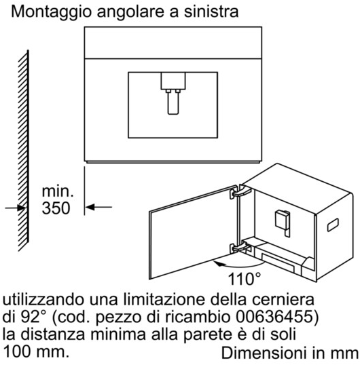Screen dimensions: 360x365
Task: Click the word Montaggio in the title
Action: (51, 12)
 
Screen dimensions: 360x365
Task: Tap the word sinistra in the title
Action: (211, 12)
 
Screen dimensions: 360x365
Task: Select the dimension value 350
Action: (56, 208)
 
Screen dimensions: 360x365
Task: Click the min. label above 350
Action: (58, 191)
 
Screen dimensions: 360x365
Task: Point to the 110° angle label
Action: (244, 279)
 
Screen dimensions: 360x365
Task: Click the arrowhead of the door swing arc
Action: (217, 263)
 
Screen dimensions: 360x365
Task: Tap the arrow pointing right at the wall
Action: (15, 208)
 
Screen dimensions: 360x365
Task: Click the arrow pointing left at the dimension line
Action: (98, 207)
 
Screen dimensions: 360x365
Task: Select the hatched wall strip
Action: (24, 151)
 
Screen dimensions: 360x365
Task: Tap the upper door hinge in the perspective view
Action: (240, 192)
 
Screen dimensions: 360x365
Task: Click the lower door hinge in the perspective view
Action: (240, 248)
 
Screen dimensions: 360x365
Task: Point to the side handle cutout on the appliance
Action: (333, 225)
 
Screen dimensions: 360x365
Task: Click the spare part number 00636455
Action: (274, 317)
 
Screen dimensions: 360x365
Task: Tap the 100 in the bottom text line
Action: (17, 351)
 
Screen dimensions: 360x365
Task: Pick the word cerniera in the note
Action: (283, 300)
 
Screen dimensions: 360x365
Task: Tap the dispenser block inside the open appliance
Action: (283, 221)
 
